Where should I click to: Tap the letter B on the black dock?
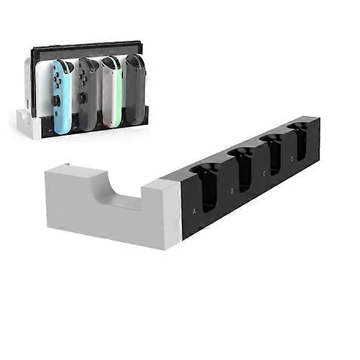click(232, 193)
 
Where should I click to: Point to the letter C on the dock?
click(264, 174)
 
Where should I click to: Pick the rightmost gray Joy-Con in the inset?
click(134, 89)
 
